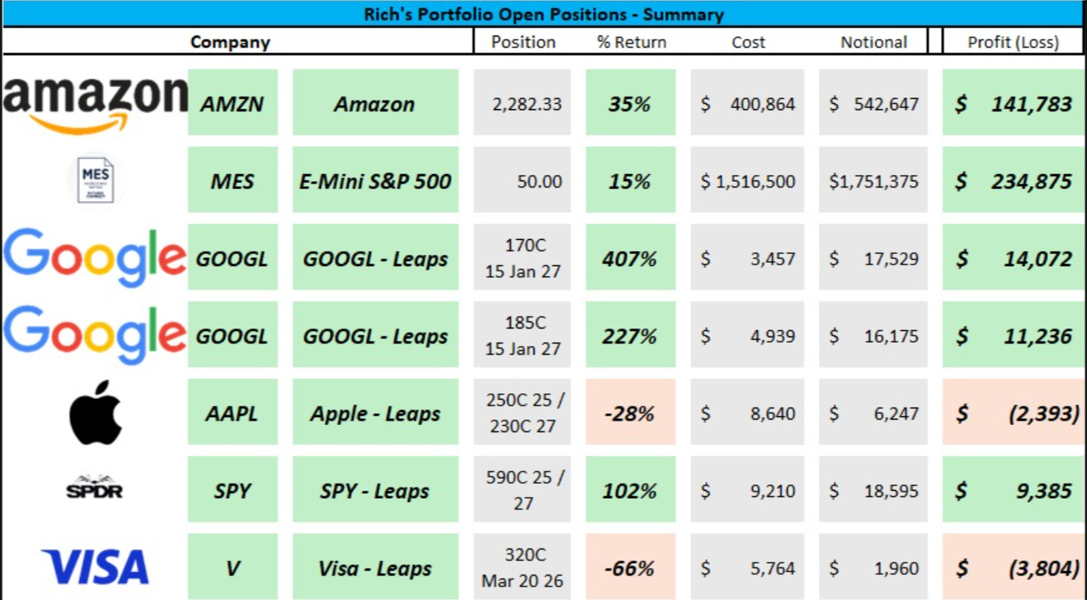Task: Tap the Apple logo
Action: [x=96, y=413]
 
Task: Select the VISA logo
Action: [x=96, y=568]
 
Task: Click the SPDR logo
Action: [x=94, y=488]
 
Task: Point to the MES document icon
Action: [x=96, y=180]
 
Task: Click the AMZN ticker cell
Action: [x=233, y=104]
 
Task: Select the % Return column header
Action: [x=631, y=42]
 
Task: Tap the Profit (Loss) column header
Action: [x=1013, y=42]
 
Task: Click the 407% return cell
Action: [x=631, y=259]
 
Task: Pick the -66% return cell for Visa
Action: [x=631, y=568]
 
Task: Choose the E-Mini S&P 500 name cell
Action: [x=375, y=181]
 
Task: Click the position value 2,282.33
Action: [x=522, y=104]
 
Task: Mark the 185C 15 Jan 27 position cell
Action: [x=522, y=336]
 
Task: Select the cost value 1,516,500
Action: [x=748, y=181]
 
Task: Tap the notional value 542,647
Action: [x=874, y=104]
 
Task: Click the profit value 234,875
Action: [x=1013, y=181]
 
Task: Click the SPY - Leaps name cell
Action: [x=375, y=491]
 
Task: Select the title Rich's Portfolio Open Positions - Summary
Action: [x=543, y=13]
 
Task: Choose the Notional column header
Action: [x=873, y=42]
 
